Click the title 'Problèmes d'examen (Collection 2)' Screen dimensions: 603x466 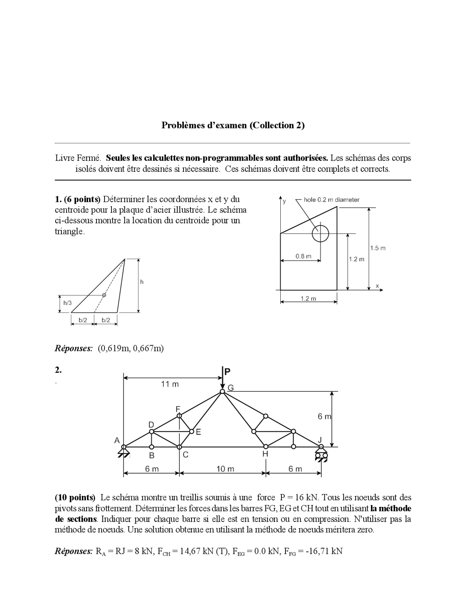[233, 125]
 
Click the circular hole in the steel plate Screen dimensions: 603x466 [320, 234]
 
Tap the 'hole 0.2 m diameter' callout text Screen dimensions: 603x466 [331, 200]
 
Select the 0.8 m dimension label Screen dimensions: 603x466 [303, 256]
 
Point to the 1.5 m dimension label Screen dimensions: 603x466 [378, 248]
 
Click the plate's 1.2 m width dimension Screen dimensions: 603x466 [308, 299]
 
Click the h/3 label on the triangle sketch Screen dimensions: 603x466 [68, 303]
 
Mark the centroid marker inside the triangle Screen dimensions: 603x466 [104, 295]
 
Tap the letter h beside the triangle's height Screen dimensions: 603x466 [142, 282]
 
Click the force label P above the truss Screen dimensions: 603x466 [227, 372]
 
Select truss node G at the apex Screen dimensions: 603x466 [222, 392]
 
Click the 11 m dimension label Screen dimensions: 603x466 [170, 384]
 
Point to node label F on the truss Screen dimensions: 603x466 [178, 409]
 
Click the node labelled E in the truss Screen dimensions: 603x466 [192, 431]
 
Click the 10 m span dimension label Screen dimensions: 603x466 [225, 469]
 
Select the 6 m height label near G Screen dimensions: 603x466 [324, 417]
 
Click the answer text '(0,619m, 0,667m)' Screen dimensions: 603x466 [131, 348]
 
